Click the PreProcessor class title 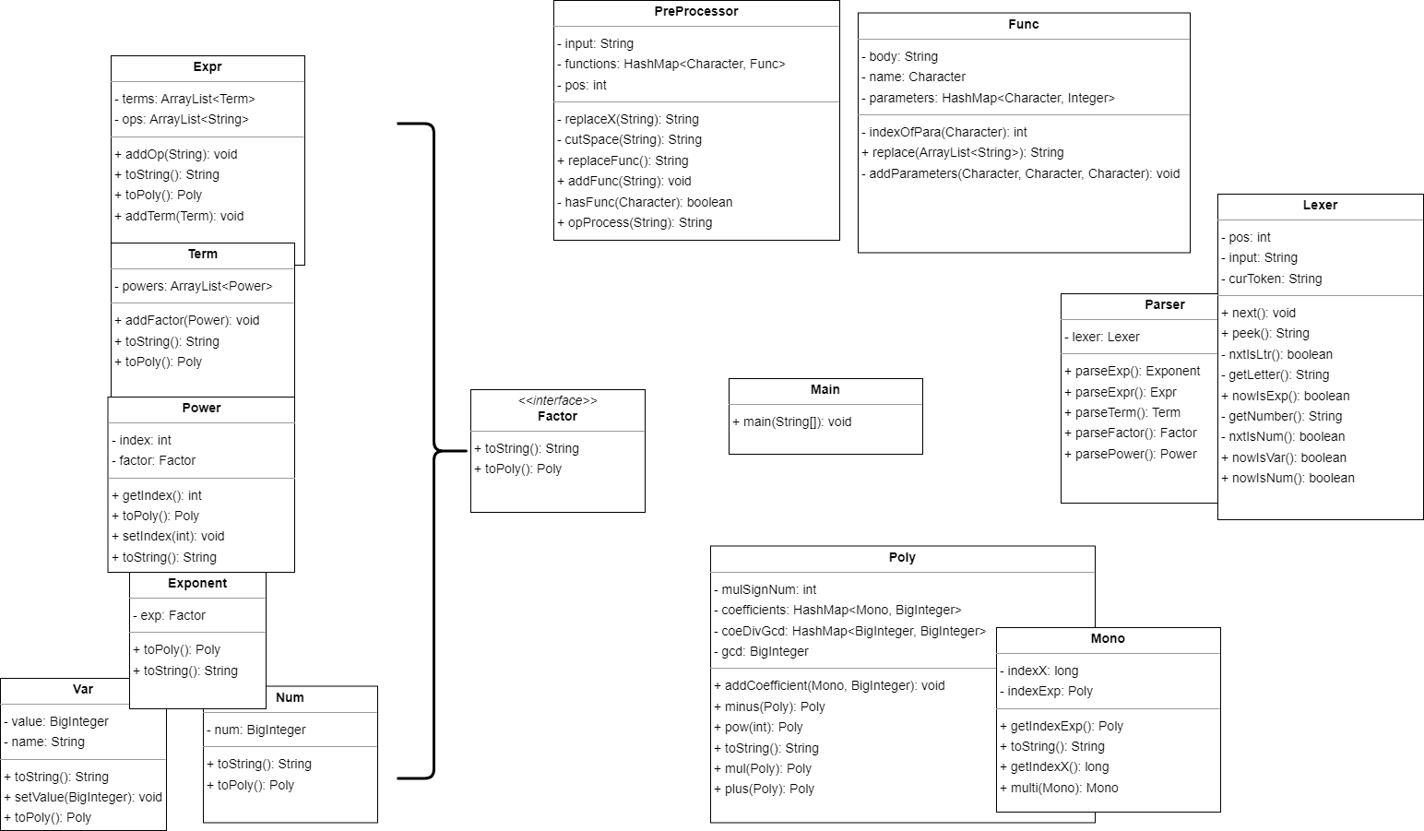tap(696, 11)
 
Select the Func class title tap(1024, 24)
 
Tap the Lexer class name tap(1320, 205)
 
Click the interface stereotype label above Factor tap(558, 400)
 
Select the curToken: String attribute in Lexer tap(1272, 279)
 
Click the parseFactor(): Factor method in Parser tap(1131, 433)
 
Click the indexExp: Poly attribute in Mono tap(1047, 691)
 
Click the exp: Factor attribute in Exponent tap(169, 615)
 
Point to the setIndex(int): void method tap(169, 536)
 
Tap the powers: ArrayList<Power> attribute tap(194, 286)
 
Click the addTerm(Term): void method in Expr tap(179, 216)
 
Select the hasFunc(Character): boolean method tap(645, 202)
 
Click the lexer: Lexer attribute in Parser tap(1102, 337)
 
